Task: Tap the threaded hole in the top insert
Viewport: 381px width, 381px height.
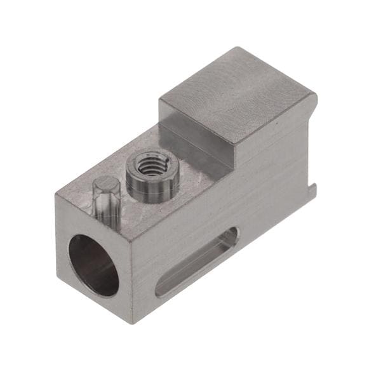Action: [x=152, y=169]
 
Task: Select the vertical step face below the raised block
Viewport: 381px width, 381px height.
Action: [x=197, y=150]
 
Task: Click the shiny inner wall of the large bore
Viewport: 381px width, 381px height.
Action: [x=83, y=260]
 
